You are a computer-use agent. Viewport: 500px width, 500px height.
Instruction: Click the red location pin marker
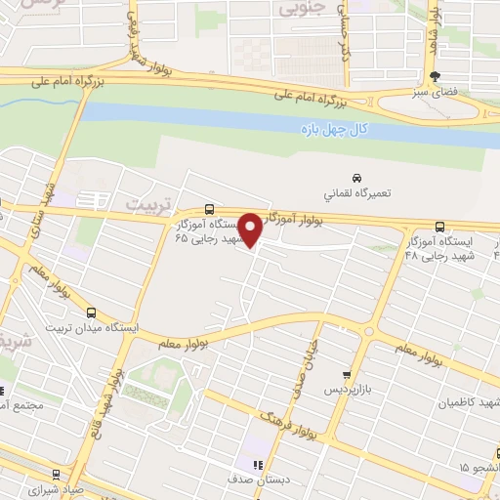pyautogui.click(x=250, y=229)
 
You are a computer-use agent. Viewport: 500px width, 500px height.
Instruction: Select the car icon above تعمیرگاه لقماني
pyautogui.click(x=357, y=177)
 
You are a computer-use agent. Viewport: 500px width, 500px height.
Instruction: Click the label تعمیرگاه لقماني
pyautogui.click(x=357, y=194)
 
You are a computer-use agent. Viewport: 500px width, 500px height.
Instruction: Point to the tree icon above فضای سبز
pyautogui.click(x=437, y=75)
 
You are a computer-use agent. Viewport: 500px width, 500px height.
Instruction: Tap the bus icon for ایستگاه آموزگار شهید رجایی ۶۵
pyautogui.click(x=209, y=209)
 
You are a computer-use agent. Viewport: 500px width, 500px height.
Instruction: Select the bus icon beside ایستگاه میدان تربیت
pyautogui.click(x=91, y=313)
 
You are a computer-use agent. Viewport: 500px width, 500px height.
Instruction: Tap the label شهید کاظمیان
pyautogui.click(x=467, y=402)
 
